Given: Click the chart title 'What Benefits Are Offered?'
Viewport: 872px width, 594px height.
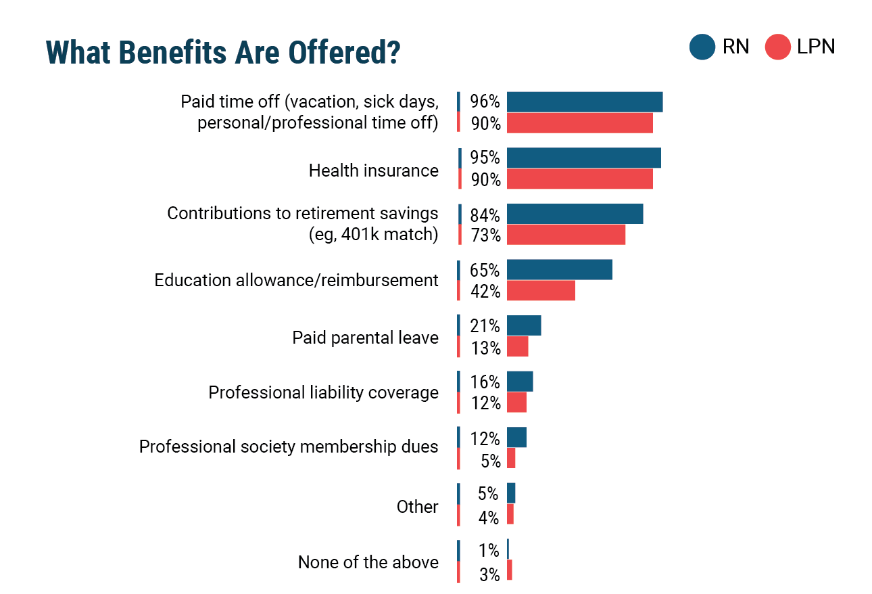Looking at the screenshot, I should (x=223, y=52).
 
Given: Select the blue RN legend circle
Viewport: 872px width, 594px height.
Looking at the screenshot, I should (x=702, y=47).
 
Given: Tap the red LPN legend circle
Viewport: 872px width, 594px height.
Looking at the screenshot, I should (x=777, y=47).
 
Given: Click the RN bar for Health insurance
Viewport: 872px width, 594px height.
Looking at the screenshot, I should (x=583, y=158).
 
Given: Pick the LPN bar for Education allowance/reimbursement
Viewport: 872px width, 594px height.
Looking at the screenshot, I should (x=541, y=291).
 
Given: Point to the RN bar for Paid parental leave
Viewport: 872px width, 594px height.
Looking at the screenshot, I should (x=524, y=325).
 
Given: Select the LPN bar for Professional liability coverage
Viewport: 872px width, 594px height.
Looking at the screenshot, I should (x=516, y=403).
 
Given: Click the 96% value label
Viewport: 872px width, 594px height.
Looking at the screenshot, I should (x=485, y=102).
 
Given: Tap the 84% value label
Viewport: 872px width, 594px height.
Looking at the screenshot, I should (x=485, y=215).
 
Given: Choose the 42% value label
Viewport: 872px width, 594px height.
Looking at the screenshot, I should (x=485, y=292).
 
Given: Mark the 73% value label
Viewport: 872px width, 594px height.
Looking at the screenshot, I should (x=485, y=235).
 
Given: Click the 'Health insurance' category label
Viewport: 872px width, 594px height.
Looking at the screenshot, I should (x=373, y=170).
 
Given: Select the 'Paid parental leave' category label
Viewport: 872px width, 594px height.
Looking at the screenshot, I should (x=365, y=338).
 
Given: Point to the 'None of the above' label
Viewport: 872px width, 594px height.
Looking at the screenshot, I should (x=368, y=562).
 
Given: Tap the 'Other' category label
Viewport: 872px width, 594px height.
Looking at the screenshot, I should (x=417, y=507).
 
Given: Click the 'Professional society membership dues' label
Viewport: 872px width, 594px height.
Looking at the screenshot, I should (x=289, y=447).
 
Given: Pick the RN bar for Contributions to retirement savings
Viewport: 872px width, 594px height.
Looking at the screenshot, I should (x=575, y=214).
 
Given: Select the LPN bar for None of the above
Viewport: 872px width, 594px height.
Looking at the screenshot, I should (x=510, y=570).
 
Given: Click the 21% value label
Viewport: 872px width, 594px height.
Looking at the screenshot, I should (x=485, y=326).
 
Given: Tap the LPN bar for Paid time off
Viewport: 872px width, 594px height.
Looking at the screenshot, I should (x=579, y=123).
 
